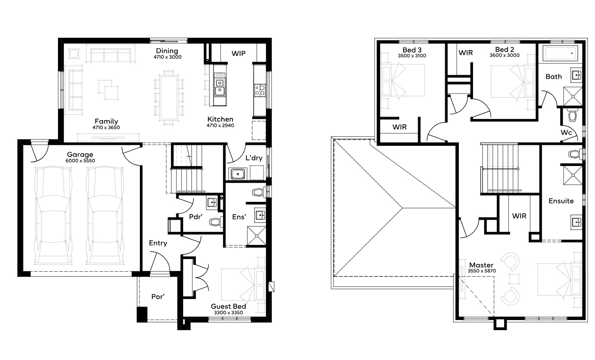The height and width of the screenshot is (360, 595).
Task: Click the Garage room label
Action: point(80,154)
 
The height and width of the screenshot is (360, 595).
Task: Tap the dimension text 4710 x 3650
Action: point(106,127)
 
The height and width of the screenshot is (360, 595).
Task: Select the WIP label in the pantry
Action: point(239,53)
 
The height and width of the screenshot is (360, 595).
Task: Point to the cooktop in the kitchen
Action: point(260,90)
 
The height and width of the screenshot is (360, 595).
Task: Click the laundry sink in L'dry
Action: point(237,174)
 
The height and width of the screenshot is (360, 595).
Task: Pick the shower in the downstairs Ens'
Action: point(257,236)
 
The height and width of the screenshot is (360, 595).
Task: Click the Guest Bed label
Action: point(229,307)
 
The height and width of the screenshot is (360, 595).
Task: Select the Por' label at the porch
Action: point(158,297)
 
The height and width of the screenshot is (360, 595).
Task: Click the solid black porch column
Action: point(142,315)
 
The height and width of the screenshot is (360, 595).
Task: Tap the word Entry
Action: point(158,243)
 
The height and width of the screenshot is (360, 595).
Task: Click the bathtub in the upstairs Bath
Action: point(560,53)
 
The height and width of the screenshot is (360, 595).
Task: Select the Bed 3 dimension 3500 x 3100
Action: point(412,56)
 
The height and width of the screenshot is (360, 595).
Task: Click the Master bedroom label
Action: point(481,265)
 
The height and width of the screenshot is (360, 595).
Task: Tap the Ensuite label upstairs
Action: point(561,201)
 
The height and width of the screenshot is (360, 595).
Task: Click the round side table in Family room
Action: point(74,53)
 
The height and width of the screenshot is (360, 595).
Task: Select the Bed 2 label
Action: point(505,50)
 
